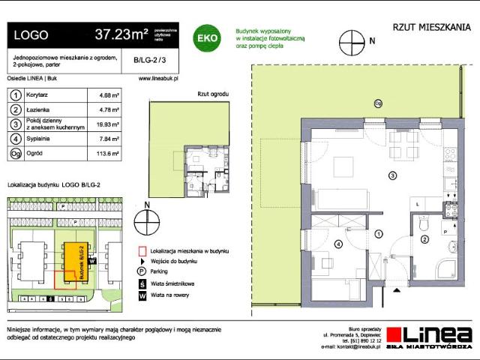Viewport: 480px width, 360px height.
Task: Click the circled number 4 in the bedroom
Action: pos(337,244)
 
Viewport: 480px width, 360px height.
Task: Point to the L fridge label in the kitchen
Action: pos(417,202)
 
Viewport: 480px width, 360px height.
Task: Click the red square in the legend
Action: pos(141,251)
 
